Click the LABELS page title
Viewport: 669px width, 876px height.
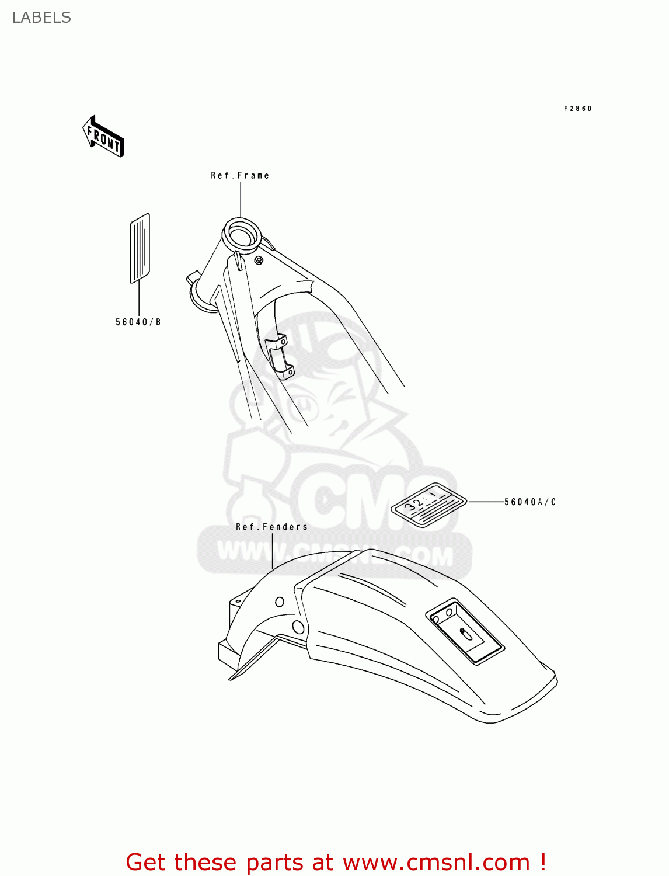[41, 18]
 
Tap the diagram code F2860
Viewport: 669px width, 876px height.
[577, 109]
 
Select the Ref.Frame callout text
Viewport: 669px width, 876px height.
[240, 175]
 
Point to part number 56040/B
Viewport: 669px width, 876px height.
[138, 322]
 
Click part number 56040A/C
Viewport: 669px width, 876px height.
[530, 502]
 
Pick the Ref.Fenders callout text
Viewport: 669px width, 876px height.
[271, 527]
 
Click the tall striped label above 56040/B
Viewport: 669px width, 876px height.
[140, 248]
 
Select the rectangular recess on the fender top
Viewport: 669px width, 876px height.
[465, 632]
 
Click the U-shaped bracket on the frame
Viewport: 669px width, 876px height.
[279, 356]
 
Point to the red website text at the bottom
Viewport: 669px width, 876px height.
[336, 862]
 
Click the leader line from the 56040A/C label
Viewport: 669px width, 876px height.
[486, 502]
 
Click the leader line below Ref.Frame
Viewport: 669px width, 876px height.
[240, 199]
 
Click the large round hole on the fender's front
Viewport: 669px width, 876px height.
[298, 628]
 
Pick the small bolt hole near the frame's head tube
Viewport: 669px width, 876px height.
[258, 259]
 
